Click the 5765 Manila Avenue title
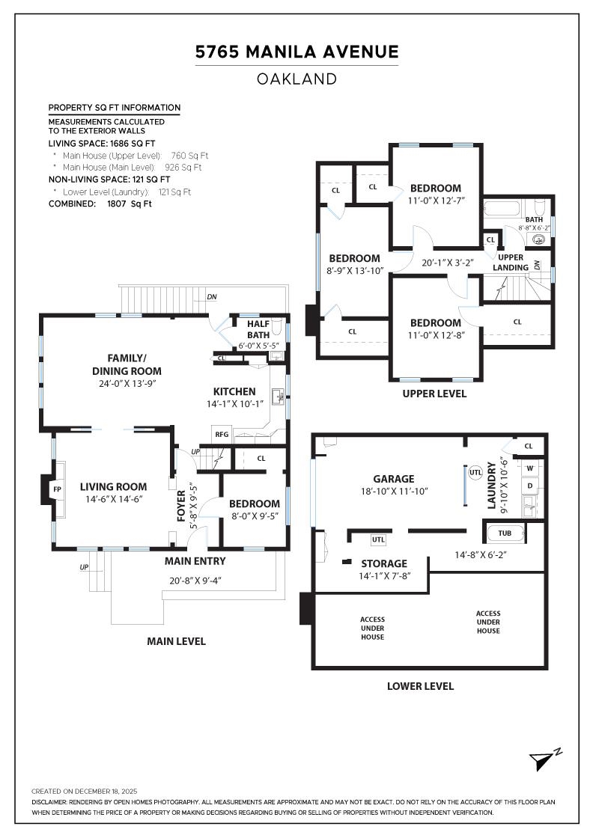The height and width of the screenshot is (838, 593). coord(296,52)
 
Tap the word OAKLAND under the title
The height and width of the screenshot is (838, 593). coord(296,79)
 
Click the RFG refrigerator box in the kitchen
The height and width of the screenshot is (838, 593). coord(222,434)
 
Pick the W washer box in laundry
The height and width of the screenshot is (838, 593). coord(530,468)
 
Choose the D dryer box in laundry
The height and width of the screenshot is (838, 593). coord(530,486)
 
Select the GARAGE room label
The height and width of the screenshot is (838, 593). coord(394,479)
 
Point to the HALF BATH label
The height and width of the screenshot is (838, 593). coord(258,329)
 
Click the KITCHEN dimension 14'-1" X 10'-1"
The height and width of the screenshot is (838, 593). coord(234,404)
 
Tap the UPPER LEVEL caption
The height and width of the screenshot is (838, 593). coord(434,394)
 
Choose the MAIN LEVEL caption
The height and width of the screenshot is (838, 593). coord(176,641)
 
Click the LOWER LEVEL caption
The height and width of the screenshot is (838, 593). coord(420,685)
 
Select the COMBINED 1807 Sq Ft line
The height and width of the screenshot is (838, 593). coord(100,204)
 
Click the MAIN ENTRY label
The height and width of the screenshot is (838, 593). coord(195,561)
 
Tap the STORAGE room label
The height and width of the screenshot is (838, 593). coord(384,563)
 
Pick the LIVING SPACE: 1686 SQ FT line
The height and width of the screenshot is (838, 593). coord(102,143)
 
